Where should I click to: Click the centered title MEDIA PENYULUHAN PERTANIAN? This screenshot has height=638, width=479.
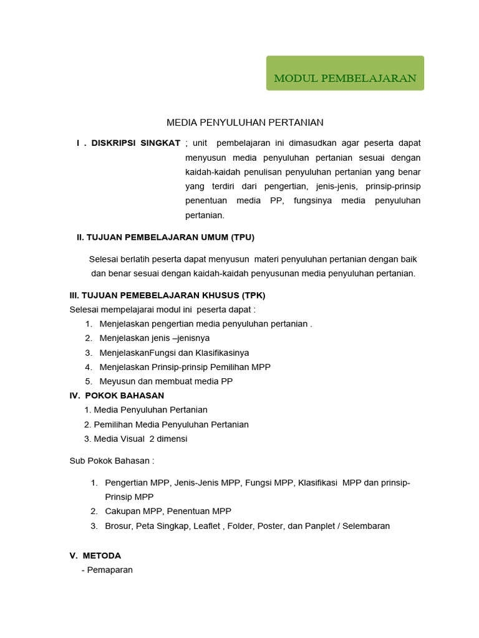(x=244, y=123)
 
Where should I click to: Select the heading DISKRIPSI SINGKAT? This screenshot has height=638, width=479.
(x=135, y=143)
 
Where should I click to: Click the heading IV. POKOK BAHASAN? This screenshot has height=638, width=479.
(x=117, y=395)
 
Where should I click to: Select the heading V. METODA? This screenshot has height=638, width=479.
(x=95, y=555)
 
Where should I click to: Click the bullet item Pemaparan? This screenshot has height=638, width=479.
(x=109, y=569)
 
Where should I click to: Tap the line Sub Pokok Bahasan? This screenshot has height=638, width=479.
(x=112, y=461)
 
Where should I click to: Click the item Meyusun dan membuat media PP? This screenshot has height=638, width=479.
(x=166, y=381)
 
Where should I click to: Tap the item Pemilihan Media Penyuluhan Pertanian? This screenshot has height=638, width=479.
(x=170, y=424)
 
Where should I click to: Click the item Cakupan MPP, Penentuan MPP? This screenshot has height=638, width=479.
(x=168, y=511)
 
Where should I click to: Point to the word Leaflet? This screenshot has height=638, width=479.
(x=206, y=525)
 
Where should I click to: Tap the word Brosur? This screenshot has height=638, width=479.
(x=119, y=525)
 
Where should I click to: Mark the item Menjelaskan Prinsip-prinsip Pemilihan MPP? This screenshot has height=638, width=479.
(x=185, y=366)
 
